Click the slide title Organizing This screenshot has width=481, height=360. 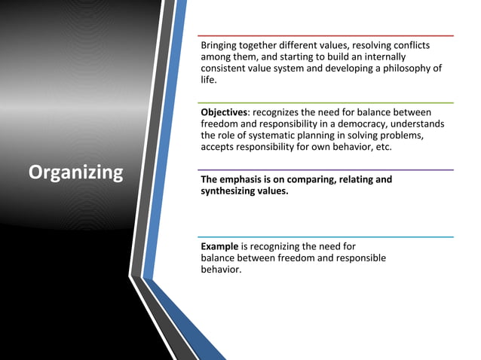pyautogui.click(x=75, y=172)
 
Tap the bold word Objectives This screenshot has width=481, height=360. pyautogui.click(x=224, y=112)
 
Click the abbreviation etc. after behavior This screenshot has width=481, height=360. pyautogui.click(x=382, y=146)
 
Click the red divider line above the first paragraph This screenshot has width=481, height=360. pyautogui.click(x=325, y=35)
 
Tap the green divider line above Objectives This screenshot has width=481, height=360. pyautogui.click(x=325, y=102)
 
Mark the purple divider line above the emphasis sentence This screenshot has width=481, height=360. pyautogui.click(x=325, y=169)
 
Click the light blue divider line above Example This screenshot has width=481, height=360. pyautogui.click(x=325, y=236)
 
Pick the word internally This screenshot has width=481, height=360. pyautogui.click(x=381, y=57)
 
